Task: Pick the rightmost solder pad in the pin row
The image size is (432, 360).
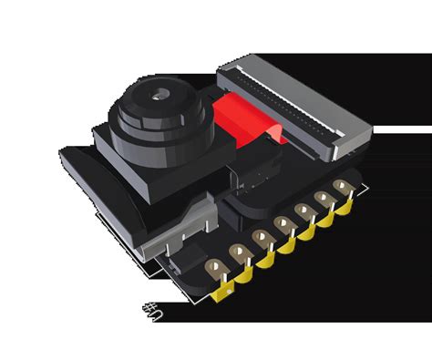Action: pyautogui.click(x=342, y=189)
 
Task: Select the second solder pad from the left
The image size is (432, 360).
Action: pyautogui.click(x=238, y=253)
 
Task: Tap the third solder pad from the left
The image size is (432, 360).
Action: pyautogui.click(x=261, y=239)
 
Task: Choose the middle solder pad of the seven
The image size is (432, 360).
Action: pyautogui.click(x=281, y=225)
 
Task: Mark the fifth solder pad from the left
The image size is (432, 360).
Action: pyautogui.click(x=302, y=212)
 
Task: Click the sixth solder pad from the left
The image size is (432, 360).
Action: pyautogui.click(x=322, y=201)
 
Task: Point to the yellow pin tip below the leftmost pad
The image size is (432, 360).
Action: pyautogui.click(x=221, y=293)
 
